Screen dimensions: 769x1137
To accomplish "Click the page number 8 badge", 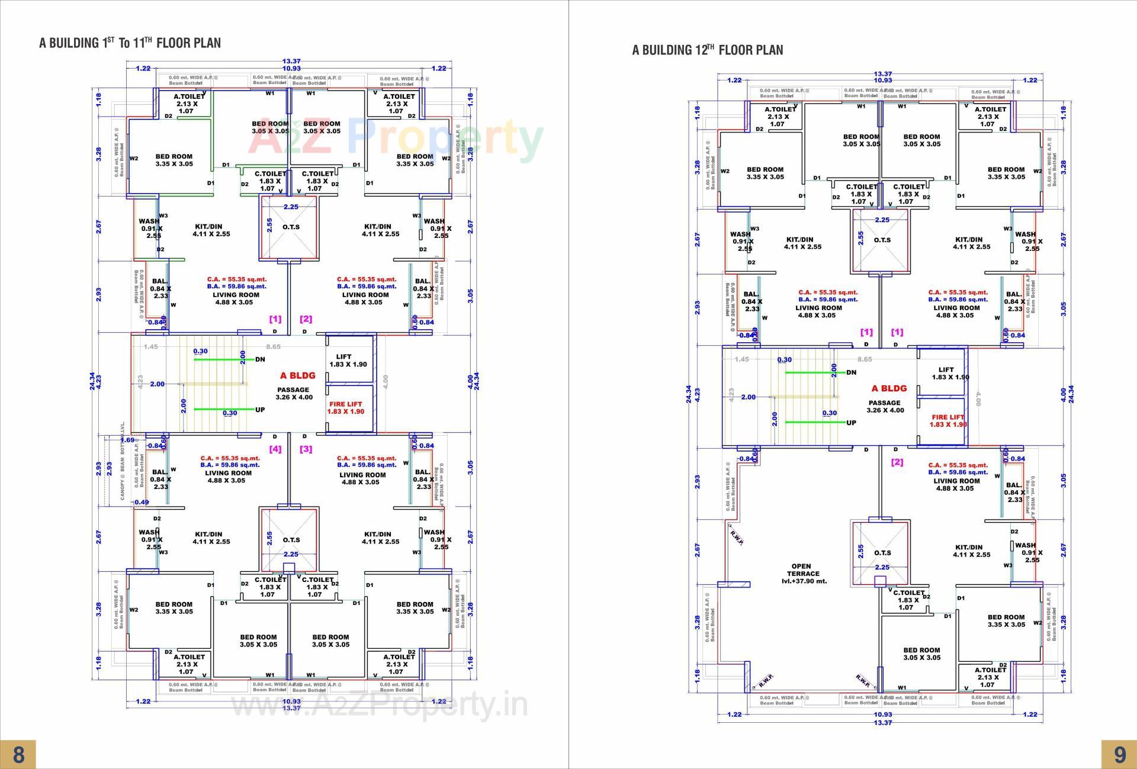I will coord(18,754).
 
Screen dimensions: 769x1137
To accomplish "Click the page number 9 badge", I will coord(1119,754).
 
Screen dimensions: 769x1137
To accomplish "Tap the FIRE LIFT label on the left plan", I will coord(346,408).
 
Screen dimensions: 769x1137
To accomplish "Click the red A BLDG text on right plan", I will coord(889,388).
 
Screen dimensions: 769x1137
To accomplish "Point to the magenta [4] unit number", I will coord(275,449).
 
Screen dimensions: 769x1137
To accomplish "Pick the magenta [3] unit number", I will coord(306,449).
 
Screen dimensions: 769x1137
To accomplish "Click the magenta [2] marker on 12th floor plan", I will coord(897,462).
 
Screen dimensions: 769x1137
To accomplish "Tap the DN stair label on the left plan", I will coord(260,359).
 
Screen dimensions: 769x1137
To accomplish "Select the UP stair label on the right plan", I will coord(851,423).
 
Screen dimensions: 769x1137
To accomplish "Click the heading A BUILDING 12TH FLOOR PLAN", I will coord(707,50).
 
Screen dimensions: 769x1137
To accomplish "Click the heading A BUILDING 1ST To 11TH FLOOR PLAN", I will coord(130,43).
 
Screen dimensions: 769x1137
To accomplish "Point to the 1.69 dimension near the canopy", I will coord(127,440).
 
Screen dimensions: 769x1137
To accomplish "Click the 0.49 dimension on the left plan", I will coord(142,502).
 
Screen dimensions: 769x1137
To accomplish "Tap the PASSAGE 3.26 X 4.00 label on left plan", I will coord(293,394).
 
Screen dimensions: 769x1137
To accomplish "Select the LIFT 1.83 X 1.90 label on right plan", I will coord(950,373).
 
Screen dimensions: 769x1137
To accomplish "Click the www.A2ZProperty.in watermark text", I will coord(378,704).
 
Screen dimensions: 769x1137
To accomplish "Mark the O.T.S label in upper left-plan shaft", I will coord(291,227).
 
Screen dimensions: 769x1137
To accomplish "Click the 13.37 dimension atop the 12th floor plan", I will coord(882,74).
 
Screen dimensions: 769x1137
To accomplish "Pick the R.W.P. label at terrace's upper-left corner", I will coord(737,537).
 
